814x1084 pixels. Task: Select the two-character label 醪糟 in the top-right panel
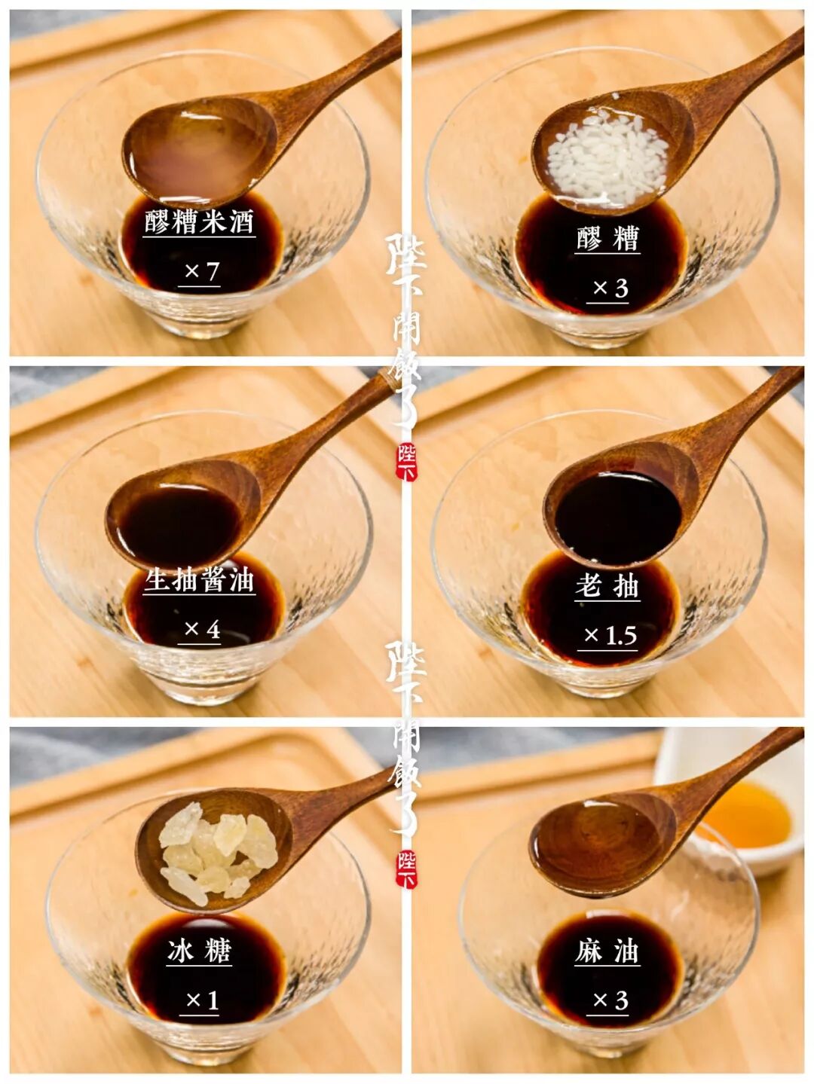click(x=607, y=238)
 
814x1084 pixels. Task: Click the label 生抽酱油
click(x=199, y=580)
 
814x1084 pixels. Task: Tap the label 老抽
click(x=607, y=587)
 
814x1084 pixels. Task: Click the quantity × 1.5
click(x=610, y=636)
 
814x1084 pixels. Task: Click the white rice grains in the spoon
click(x=607, y=158)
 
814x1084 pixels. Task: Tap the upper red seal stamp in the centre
click(x=406, y=462)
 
